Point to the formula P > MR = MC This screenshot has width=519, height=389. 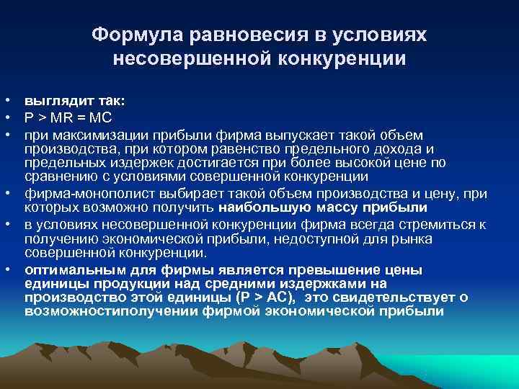tap(68, 118)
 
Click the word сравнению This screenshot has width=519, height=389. tap(58, 176)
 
